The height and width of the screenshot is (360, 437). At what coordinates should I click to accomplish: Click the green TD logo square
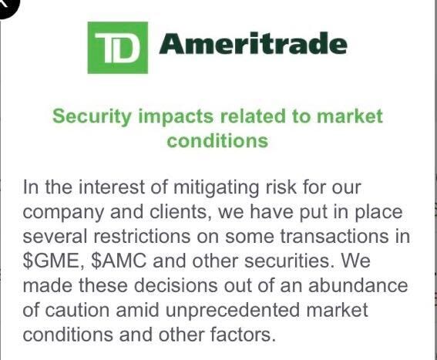(118, 48)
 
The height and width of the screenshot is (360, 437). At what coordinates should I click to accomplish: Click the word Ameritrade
(253, 43)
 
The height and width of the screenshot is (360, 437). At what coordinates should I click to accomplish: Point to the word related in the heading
(253, 116)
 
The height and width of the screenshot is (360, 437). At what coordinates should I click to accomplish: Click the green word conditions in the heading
(217, 140)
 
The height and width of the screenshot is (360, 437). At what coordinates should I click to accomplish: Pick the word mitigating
(216, 188)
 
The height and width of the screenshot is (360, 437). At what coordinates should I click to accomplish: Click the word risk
(281, 187)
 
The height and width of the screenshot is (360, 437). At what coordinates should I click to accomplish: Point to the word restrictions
(142, 236)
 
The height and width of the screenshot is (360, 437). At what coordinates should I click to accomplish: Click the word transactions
(334, 236)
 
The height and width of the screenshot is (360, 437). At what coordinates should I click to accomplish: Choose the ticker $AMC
(119, 261)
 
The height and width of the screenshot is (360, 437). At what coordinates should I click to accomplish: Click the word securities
(289, 261)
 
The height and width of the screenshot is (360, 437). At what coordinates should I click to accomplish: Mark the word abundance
(358, 285)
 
